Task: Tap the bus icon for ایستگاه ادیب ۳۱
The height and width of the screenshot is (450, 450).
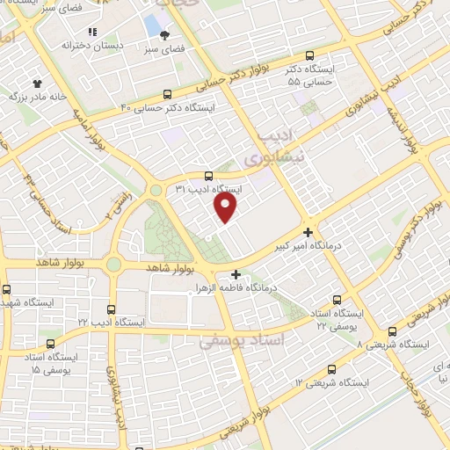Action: [208, 175]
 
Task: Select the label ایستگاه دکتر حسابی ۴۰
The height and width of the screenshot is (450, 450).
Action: [168, 107]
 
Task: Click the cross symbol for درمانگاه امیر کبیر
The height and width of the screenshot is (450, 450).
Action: [307, 232]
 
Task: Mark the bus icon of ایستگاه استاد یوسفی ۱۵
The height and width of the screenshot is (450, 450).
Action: [50, 344]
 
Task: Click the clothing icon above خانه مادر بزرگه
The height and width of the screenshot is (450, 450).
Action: [37, 82]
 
